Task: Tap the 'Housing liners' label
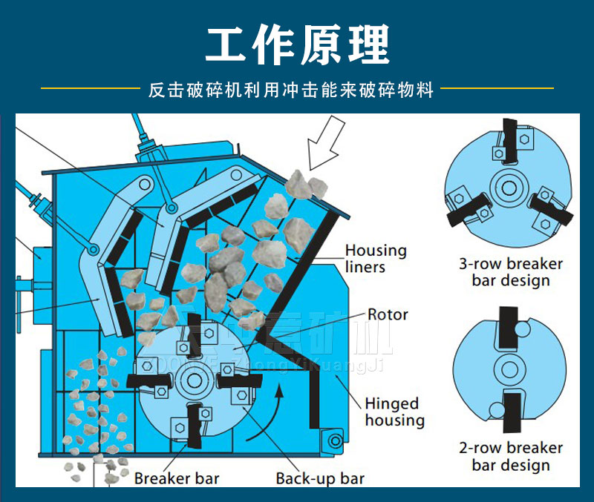pyautogui.click(x=376, y=258)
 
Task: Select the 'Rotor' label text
pyautogui.click(x=388, y=314)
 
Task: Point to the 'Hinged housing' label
pyautogui.click(x=394, y=412)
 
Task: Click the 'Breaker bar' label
pyautogui.click(x=177, y=478)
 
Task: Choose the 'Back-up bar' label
pyautogui.click(x=320, y=478)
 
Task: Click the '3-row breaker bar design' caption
pyautogui.click(x=510, y=272)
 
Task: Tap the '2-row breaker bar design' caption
pyautogui.click(x=510, y=457)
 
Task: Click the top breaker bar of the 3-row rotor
pyautogui.click(x=509, y=141)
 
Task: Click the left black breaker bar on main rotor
pyautogui.click(x=149, y=380)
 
